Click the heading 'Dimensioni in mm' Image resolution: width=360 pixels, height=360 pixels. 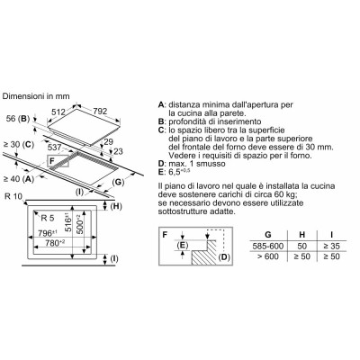click(x=36, y=96)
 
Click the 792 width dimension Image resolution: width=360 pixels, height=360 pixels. click(x=100, y=112)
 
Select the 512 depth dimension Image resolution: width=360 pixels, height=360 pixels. click(x=58, y=112)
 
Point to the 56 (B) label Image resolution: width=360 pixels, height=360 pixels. click(x=18, y=119)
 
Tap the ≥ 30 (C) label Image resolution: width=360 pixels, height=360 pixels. click(x=18, y=145)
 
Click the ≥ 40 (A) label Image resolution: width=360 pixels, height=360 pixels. click(x=18, y=179)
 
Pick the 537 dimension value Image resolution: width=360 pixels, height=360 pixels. click(x=54, y=148)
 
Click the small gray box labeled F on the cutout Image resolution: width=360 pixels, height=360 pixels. click(x=58, y=161)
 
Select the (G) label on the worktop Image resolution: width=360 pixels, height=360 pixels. click(x=119, y=182)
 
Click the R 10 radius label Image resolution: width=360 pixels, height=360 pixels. click(x=13, y=197)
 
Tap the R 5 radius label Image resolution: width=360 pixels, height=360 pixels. click(x=48, y=218)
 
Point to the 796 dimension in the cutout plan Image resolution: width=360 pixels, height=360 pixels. click(x=47, y=233)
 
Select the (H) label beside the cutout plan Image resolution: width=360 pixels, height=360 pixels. click(x=116, y=206)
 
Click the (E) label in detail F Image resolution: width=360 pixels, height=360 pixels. click(x=182, y=246)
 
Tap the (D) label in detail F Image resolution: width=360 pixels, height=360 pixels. click(x=224, y=257)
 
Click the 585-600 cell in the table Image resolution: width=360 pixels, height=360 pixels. click(x=268, y=247)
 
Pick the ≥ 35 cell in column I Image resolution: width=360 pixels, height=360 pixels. click(x=332, y=247)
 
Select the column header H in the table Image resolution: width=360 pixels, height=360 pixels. click(x=302, y=235)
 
